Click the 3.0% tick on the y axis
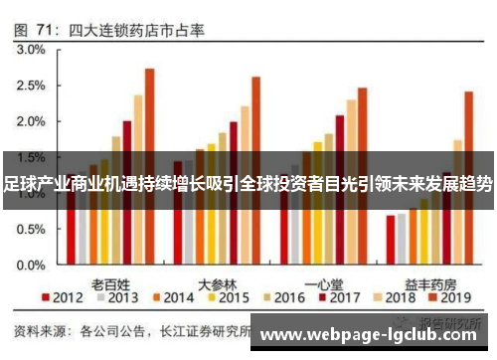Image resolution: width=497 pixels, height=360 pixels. [x=30, y=49]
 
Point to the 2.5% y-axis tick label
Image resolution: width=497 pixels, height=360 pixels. [x=30, y=86]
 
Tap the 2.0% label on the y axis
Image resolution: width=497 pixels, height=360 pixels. [x=30, y=121]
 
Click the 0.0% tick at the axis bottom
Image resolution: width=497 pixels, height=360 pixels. [x=30, y=268]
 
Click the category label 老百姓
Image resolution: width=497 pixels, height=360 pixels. [x=111, y=280]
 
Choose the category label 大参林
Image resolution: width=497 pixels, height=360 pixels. [x=217, y=280]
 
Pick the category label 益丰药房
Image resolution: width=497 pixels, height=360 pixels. [x=429, y=280]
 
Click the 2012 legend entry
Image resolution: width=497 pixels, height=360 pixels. [x=62, y=298]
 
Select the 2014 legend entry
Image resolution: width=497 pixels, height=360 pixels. [x=172, y=298]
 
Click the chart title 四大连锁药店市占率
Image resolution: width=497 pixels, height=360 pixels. [x=136, y=31]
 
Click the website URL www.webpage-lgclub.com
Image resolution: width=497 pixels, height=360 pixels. [x=370, y=335]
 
